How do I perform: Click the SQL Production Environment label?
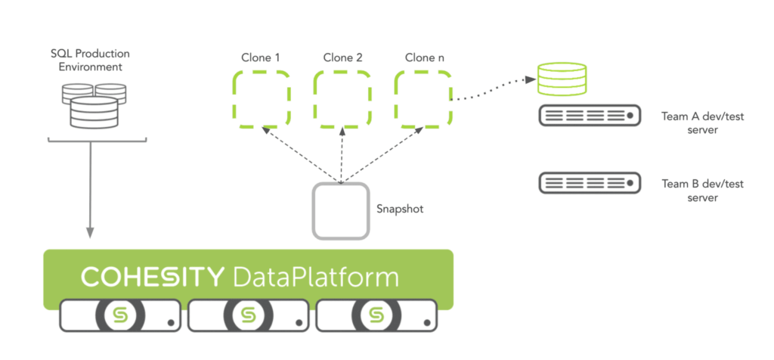(x=90, y=61)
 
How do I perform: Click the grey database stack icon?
(x=94, y=105)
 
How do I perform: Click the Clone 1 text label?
(x=260, y=57)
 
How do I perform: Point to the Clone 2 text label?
(x=342, y=57)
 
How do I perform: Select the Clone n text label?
(x=421, y=57)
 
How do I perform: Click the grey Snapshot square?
(x=341, y=212)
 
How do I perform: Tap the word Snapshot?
(x=400, y=209)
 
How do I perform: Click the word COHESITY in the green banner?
(x=151, y=276)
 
